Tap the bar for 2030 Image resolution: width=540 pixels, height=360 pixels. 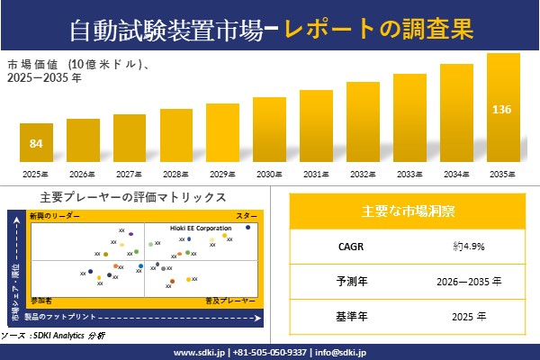pyautogui.click(x=269, y=130)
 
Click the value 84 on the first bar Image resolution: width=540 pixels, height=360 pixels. pyautogui.click(x=36, y=144)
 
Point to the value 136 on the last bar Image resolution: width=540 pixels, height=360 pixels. pyautogui.click(x=502, y=109)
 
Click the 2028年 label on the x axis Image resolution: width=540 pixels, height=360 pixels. pyautogui.click(x=175, y=174)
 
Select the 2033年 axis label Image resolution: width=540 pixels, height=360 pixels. pyautogui.click(x=409, y=174)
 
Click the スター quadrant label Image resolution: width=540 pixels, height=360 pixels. pyautogui.click(x=246, y=216)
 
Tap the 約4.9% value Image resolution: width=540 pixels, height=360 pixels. pyautogui.click(x=470, y=246)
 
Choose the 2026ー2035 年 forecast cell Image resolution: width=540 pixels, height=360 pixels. pyautogui.click(x=470, y=281)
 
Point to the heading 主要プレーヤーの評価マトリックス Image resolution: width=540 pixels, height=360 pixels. pyautogui.click(x=133, y=197)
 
